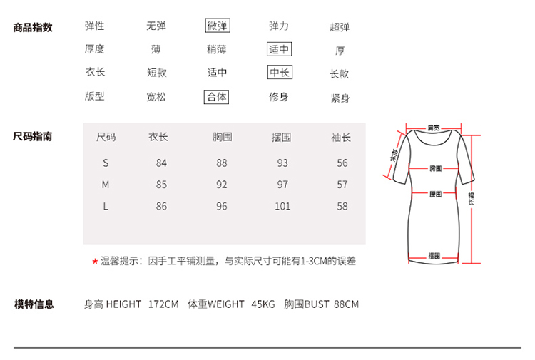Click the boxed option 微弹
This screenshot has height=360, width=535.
(x=218, y=26)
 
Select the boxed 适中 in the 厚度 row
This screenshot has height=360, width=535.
(x=279, y=49)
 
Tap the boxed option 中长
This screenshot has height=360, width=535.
(x=279, y=73)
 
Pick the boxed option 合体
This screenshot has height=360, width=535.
(x=217, y=97)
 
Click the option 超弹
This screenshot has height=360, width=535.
(x=340, y=27)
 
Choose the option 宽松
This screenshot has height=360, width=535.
(x=156, y=97)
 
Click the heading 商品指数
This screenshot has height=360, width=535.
(x=33, y=27)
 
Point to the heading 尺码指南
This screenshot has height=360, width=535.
(x=33, y=136)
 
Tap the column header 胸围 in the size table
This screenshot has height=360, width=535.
(x=223, y=137)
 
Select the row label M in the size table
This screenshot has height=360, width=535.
(x=106, y=185)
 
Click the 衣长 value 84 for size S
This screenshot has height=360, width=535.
(x=161, y=163)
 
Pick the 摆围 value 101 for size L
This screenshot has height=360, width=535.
(x=282, y=207)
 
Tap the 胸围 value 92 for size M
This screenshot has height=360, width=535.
(x=222, y=185)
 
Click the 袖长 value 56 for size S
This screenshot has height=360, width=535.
(x=342, y=163)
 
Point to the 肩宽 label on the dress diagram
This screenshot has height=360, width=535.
(x=433, y=128)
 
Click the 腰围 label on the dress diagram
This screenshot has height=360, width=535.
(x=434, y=193)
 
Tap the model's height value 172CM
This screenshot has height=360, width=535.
(x=163, y=304)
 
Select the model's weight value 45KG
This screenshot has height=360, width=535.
(x=263, y=304)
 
